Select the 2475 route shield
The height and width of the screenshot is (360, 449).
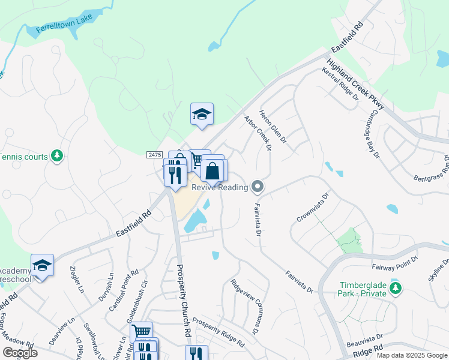click(154, 155)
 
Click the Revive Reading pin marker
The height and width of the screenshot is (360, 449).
click(258, 187)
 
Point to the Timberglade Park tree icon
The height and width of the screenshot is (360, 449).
click(395, 289)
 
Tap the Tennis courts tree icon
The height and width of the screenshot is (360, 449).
click(57, 157)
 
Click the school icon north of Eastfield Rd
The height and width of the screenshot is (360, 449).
click(202, 114)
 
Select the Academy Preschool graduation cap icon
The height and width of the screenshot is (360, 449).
click(43, 265)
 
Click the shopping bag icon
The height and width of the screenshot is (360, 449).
click(212, 170)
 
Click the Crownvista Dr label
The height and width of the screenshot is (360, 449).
click(313, 207)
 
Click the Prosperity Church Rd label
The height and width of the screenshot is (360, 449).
click(182, 299)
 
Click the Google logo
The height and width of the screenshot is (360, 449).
click(20, 353)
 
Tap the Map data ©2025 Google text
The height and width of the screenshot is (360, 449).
click(411, 355)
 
